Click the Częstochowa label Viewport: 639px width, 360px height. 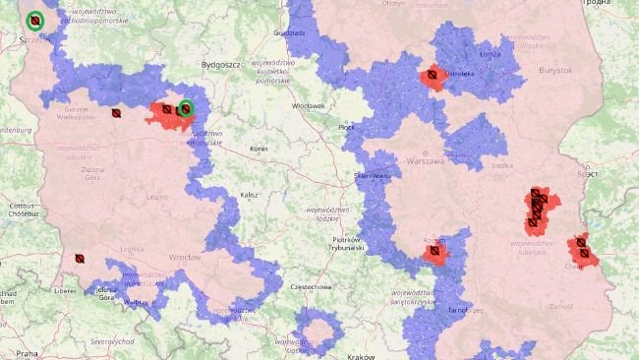coord(302,286)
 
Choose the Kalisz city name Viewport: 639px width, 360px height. coord(249,195)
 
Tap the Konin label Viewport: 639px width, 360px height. coord(260,149)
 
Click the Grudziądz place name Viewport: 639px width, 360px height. coord(289,32)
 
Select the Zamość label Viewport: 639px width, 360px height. coord(561,307)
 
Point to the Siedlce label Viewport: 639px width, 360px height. coord(502,165)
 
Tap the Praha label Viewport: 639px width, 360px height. coord(27,351)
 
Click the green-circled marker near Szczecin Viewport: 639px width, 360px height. coord(35,20)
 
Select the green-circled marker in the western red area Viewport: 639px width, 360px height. coord(185,108)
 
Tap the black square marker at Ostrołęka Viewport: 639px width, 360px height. coord(432,79)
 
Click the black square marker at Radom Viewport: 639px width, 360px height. coord(435,253)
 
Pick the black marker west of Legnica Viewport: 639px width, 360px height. coord(80,259)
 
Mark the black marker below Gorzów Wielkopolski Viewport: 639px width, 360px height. coord(116,113)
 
